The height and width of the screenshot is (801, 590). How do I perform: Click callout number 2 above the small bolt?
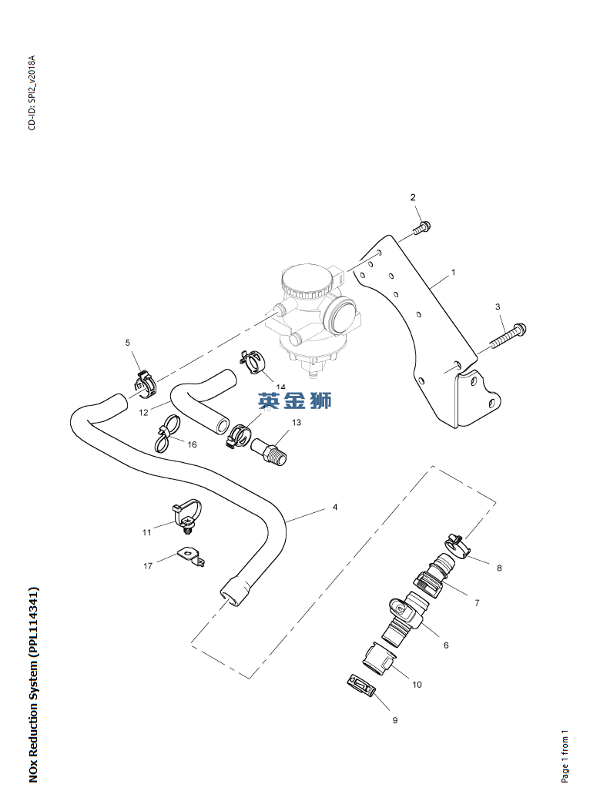click(412, 198)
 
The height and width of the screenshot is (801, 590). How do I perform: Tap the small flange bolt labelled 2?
click(421, 227)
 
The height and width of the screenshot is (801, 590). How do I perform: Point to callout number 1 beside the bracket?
click(453, 273)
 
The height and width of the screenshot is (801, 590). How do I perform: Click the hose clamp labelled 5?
click(144, 378)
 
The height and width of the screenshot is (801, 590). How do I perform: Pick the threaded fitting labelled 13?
click(273, 451)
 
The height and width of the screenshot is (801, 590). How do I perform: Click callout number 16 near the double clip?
click(192, 444)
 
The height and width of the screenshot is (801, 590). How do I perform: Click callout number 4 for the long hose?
click(334, 508)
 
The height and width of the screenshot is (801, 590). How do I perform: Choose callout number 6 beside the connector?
click(445, 645)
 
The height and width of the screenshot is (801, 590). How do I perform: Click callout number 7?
click(476, 603)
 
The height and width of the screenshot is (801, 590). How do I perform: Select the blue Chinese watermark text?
click(295, 400)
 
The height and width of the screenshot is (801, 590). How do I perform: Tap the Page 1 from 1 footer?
click(565, 756)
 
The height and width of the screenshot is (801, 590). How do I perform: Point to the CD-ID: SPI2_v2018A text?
click(32, 92)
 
